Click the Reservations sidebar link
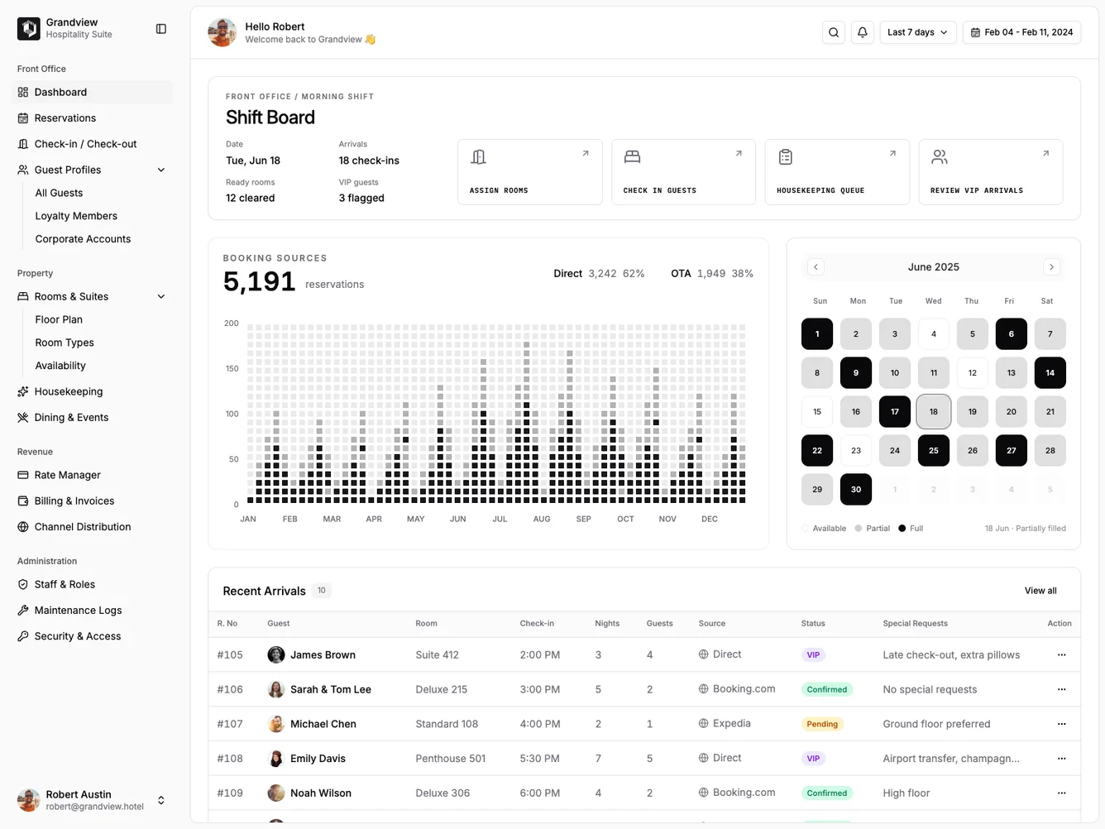[65, 118]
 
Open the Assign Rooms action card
[529, 172]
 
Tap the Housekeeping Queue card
[836, 172]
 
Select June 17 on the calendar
[894, 412]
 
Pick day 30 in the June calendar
[855, 490]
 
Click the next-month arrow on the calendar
[1051, 267]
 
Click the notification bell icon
[862, 32]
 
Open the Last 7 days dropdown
[917, 32]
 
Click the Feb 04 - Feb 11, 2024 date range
[1021, 32]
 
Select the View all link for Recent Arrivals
[1040, 591]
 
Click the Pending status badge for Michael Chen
[821, 724]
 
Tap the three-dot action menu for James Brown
[1061, 655]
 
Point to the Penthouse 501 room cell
[450, 759]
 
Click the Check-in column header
[537, 624]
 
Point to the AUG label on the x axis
[542, 520]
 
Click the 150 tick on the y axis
[232, 369]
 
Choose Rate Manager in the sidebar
[67, 475]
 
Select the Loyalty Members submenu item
[76, 216]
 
